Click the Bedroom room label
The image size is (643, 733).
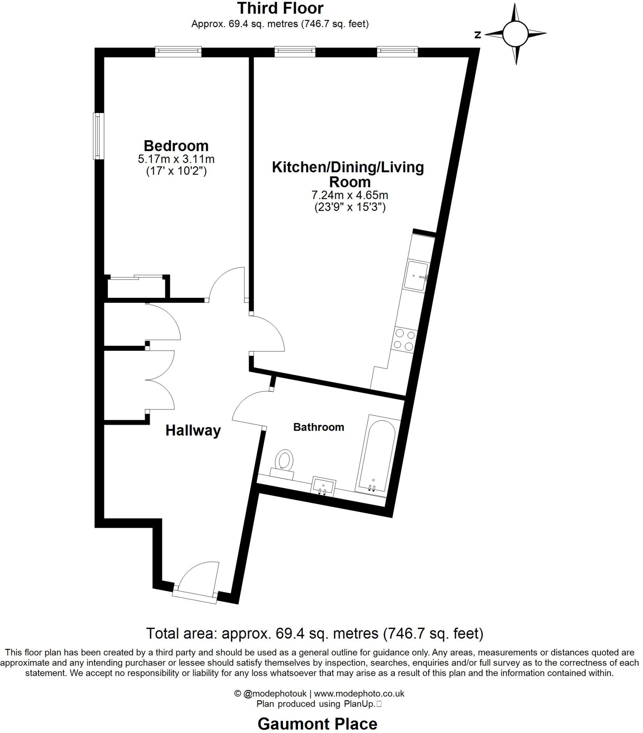point(176,146)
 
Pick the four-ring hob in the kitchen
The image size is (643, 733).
point(404,340)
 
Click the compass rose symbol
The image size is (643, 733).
point(515,34)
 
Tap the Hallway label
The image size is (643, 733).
point(193,430)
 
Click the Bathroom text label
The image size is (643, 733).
point(318,427)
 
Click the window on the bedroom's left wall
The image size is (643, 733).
point(98,136)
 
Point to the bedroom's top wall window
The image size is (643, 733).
point(178,52)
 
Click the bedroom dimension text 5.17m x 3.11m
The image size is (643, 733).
point(176,159)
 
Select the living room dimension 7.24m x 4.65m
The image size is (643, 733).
point(349,195)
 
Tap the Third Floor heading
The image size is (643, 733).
point(280,8)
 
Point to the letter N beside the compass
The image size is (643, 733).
point(477,35)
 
